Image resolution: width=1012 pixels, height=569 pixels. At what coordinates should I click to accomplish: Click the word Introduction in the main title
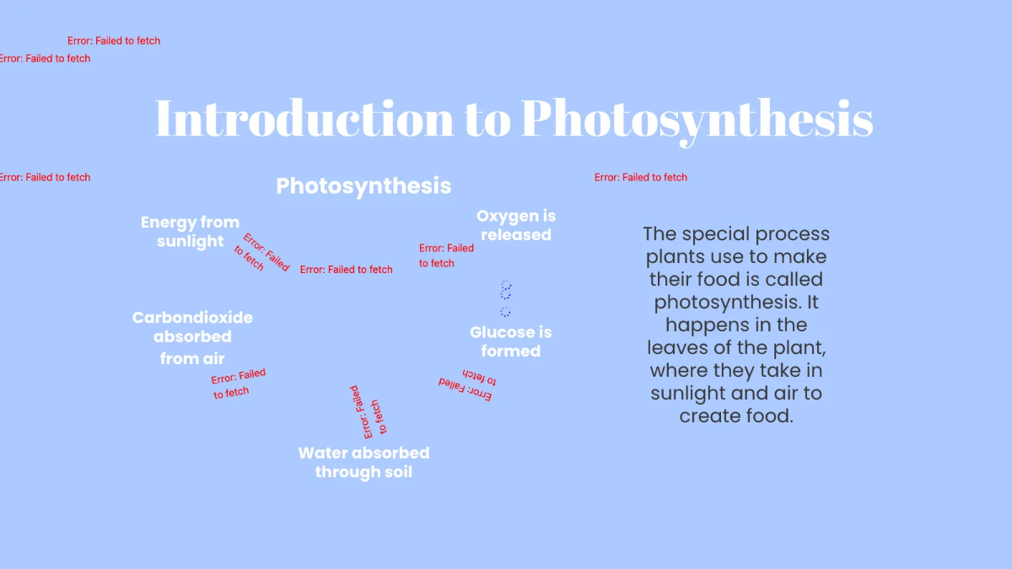click(304, 119)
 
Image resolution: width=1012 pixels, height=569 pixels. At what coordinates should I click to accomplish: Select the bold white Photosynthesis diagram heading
click(363, 185)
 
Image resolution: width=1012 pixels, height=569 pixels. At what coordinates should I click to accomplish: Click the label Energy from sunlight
click(190, 232)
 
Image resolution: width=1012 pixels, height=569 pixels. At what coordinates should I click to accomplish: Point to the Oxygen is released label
click(516, 226)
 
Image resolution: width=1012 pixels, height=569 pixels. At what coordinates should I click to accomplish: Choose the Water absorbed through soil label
click(363, 462)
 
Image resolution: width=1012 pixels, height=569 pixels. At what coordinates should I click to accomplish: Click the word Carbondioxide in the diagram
click(192, 318)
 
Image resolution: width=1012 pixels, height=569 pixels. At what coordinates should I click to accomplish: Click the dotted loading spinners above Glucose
click(506, 299)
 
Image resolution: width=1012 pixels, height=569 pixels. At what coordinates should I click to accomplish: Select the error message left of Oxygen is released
click(446, 255)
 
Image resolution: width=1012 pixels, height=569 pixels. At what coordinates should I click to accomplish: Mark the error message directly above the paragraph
click(641, 177)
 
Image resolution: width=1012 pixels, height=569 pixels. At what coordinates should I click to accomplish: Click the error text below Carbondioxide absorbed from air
click(238, 384)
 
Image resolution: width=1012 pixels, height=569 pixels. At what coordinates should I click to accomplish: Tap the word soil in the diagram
click(394, 471)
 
